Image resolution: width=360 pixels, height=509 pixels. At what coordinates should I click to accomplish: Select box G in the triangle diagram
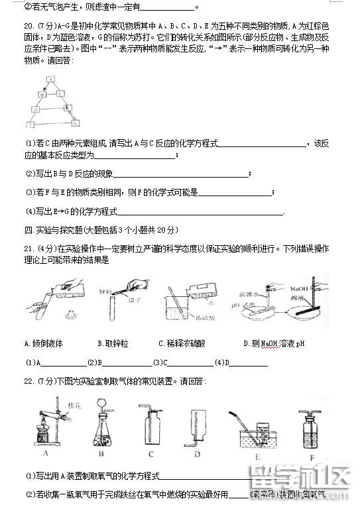tap(74, 123)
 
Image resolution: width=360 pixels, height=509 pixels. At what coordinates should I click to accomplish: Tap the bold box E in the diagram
tap(66, 108)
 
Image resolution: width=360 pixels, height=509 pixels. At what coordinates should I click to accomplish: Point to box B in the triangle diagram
tap(42, 93)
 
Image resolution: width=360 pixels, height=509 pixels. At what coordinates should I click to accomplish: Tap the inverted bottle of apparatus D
tap(197, 424)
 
